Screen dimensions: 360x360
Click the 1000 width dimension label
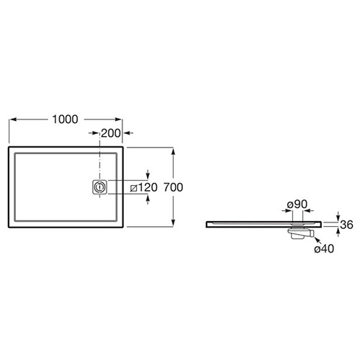(65, 120)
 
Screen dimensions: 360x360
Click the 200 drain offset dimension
(111, 133)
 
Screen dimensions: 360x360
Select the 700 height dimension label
(174, 187)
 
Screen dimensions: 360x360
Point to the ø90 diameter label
(297, 204)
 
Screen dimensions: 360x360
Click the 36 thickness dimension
(347, 225)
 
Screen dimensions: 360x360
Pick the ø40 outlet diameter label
(324, 249)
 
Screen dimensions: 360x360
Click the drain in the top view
(99, 186)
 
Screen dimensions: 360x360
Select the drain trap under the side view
(301, 233)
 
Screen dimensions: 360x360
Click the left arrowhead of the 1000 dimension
(13, 120)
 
